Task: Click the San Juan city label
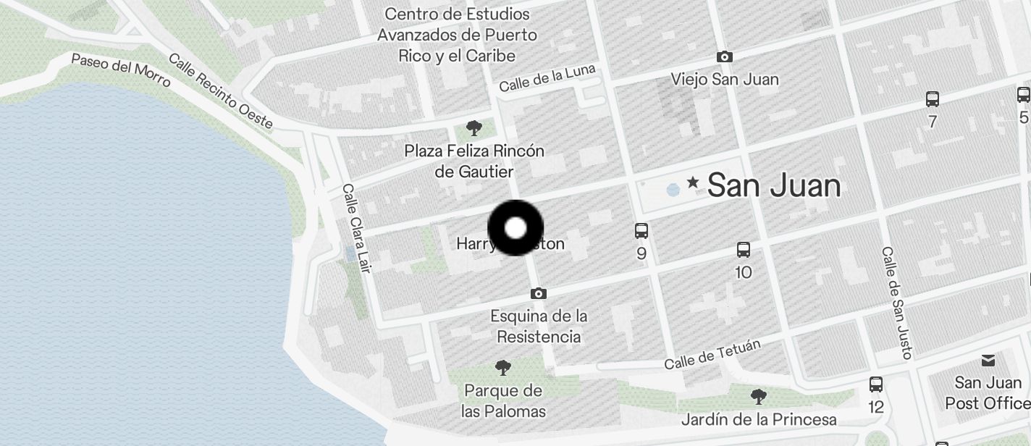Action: [x=773, y=186]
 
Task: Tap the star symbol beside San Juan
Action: [x=693, y=182]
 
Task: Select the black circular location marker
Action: [x=515, y=228]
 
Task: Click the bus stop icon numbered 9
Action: [x=641, y=231]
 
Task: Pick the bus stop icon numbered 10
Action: [x=743, y=250]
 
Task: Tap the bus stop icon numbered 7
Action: [x=933, y=99]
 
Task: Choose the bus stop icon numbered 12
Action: [x=876, y=384]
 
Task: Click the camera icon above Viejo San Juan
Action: [x=724, y=56]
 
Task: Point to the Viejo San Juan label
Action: [x=725, y=79]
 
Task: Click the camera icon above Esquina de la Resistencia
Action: [x=538, y=293]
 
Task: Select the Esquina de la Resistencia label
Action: [x=539, y=327]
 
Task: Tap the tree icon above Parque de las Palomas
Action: [x=502, y=368]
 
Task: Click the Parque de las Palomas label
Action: [x=504, y=401]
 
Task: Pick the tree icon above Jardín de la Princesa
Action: [x=759, y=396]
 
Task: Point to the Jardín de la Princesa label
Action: [x=759, y=420]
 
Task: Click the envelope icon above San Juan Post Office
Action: [x=988, y=361]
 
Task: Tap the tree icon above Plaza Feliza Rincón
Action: [x=474, y=129]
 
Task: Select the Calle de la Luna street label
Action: [x=547, y=78]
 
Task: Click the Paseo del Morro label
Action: [x=121, y=70]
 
